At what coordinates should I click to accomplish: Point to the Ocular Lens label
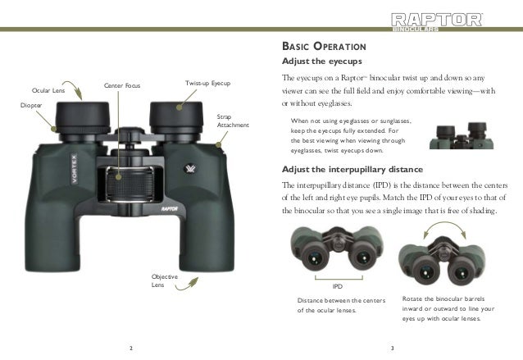pos(48,90)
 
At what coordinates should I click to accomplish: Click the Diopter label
pos(30,106)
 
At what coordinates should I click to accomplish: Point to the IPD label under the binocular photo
pos(337,287)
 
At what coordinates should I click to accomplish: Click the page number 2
pos(131,349)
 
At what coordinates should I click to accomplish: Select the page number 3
pos(393,349)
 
